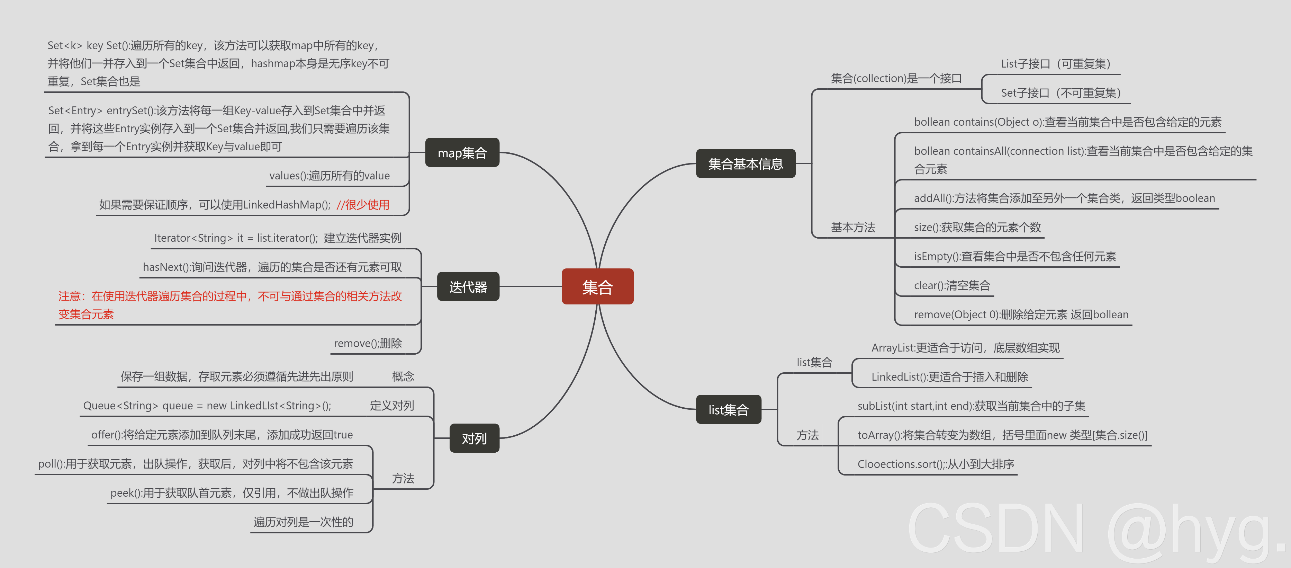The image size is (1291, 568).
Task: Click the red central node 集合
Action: tap(597, 287)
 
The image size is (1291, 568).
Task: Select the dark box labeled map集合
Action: tap(462, 152)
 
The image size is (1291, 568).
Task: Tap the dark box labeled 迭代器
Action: tap(468, 287)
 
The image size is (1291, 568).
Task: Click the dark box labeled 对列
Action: tap(474, 438)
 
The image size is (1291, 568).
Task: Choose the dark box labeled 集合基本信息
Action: tap(745, 163)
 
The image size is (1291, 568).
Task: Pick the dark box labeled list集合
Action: tap(728, 410)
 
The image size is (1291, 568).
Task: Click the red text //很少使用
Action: tap(363, 205)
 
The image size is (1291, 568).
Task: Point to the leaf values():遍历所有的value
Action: tap(329, 176)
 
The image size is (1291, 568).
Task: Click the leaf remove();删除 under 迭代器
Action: tap(368, 344)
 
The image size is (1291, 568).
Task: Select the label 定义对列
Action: tap(392, 406)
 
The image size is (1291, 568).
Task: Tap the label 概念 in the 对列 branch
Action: tap(403, 376)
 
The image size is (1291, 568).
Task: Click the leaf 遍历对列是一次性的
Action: tap(303, 522)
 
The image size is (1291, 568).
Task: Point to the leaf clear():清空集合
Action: tap(952, 285)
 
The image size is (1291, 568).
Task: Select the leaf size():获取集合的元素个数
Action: tap(977, 227)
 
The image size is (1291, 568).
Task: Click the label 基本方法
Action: tap(853, 227)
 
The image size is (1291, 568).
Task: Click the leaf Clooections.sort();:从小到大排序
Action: tap(936, 464)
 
